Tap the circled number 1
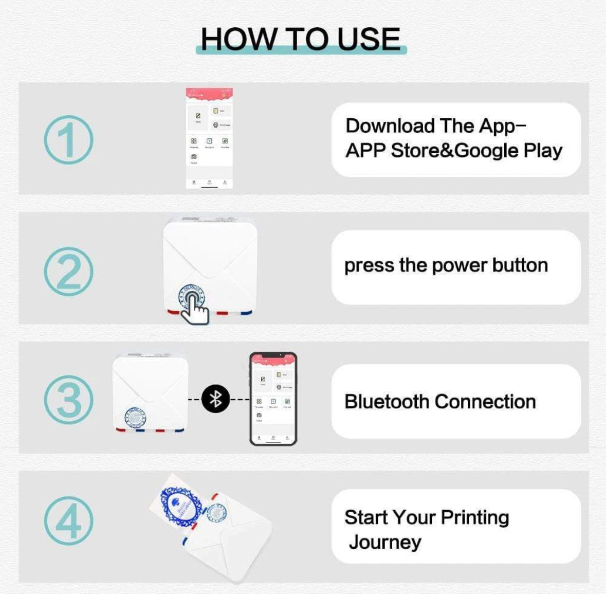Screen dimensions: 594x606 (68, 140)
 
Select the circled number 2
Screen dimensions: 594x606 (68, 271)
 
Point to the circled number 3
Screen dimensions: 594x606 (68, 399)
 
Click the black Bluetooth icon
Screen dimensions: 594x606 (215, 399)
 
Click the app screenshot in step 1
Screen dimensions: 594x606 (209, 138)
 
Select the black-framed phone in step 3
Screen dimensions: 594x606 (273, 399)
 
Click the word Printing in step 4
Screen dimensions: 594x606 (474, 517)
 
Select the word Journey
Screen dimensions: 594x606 (385, 542)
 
